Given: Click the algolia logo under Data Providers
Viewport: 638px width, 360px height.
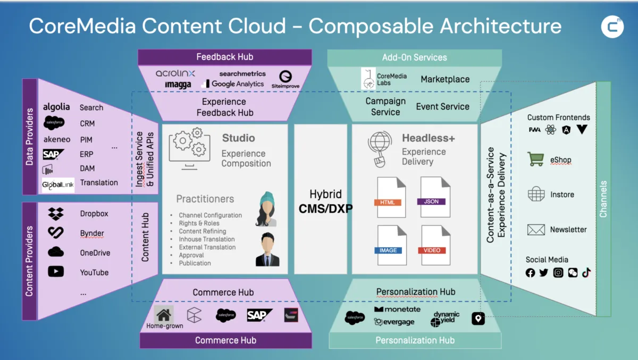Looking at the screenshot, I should (x=56, y=107).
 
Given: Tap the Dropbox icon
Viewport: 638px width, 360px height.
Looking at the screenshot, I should (x=56, y=214).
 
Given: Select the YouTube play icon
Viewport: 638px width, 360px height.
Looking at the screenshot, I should (x=56, y=272).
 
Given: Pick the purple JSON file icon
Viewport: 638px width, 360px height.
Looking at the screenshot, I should (x=435, y=197).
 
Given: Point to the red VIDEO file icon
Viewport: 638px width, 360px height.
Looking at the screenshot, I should (x=435, y=246).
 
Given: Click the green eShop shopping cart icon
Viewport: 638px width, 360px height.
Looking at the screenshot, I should (x=535, y=159).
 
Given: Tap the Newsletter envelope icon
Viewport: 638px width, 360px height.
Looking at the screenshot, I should (x=536, y=230).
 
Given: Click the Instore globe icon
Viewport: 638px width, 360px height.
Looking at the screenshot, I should (x=536, y=194).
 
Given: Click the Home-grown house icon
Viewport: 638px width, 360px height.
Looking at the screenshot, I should (x=164, y=314).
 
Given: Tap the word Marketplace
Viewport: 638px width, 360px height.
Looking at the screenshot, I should (x=445, y=79).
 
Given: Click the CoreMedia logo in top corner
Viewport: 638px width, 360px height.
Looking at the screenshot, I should (x=612, y=27).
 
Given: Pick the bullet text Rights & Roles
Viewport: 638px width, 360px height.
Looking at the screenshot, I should (x=199, y=223).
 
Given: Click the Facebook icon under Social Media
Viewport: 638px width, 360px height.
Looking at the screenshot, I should (x=530, y=273).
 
